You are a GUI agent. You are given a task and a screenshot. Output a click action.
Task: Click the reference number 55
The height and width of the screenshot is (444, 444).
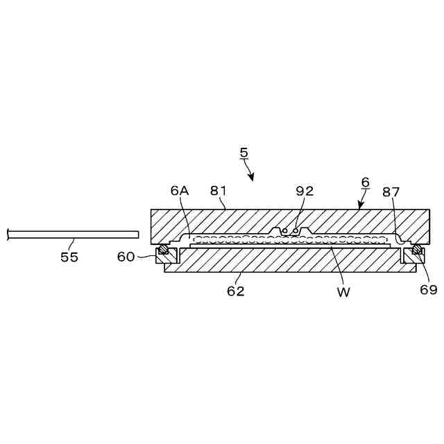point(69,257)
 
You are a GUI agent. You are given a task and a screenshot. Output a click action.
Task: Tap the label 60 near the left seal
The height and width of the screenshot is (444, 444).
point(126,257)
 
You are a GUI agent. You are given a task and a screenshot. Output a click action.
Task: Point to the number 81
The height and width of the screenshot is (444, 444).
point(219,191)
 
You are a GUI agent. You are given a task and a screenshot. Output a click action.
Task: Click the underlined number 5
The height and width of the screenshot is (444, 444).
point(243,152)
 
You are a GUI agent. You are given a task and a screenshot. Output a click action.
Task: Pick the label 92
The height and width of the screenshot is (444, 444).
point(305,191)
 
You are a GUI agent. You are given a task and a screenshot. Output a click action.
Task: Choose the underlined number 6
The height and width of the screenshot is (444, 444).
point(366,181)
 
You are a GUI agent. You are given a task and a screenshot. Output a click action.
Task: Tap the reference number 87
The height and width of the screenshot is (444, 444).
point(391,191)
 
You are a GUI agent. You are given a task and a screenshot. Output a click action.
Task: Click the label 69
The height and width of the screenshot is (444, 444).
point(429,289)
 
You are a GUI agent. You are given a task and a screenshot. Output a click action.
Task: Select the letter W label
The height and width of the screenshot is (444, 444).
point(343,291)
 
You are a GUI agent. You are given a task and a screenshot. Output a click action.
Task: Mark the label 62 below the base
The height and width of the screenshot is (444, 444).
point(236,291)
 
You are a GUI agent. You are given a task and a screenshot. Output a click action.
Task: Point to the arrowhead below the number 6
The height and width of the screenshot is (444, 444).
point(359,205)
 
